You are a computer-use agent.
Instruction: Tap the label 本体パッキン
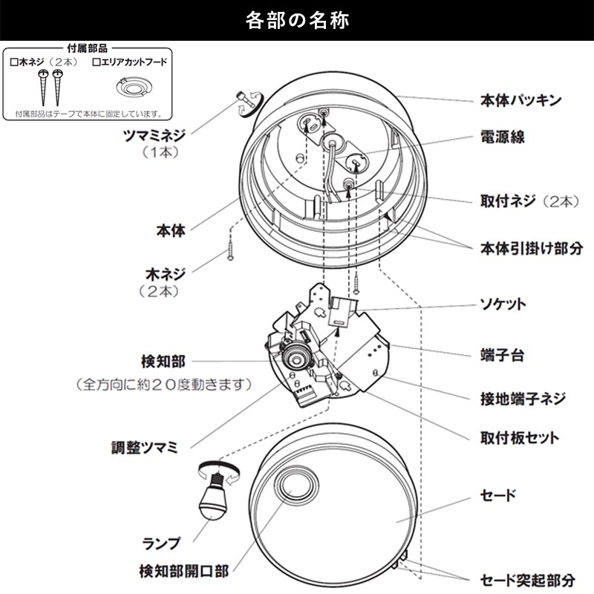click(x=520, y=99)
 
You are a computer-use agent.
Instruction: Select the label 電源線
click(x=503, y=137)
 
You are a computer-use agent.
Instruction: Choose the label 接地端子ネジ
click(x=523, y=399)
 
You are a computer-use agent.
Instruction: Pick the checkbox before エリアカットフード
click(x=96, y=64)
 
